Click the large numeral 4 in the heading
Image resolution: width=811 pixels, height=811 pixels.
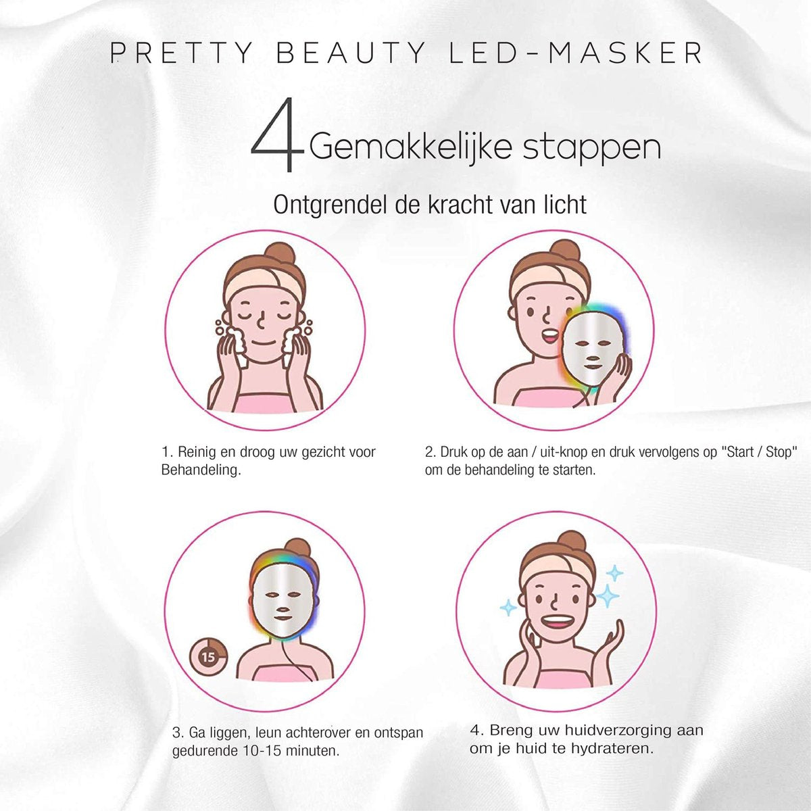[278, 134]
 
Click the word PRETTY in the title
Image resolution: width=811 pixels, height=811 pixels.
[181, 53]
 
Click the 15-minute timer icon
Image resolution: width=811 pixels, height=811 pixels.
[208, 656]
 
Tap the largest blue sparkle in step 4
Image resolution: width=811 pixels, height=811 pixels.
[608, 596]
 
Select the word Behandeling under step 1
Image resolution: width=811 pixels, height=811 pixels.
[201, 470]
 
